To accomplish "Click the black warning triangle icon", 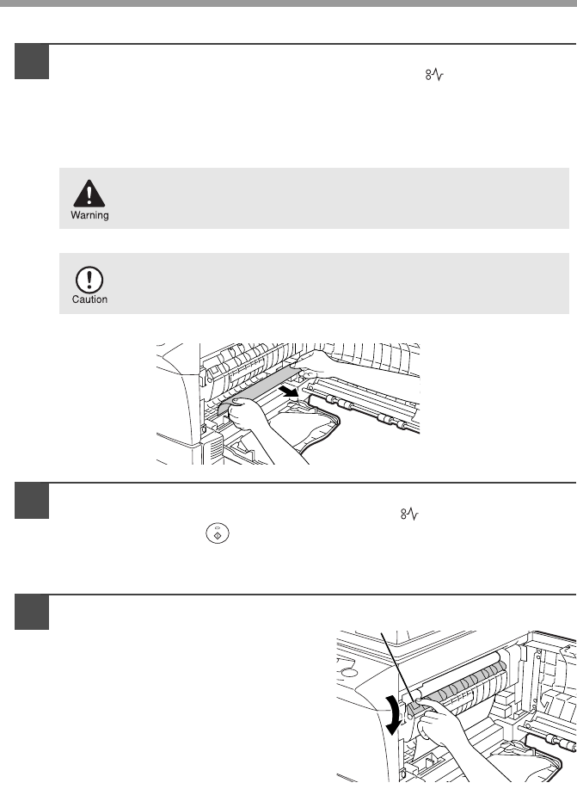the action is [89, 194].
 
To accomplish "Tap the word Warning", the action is [89, 215].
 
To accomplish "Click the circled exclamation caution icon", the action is [89, 280].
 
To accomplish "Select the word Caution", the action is [89, 299].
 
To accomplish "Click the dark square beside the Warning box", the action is [32, 62].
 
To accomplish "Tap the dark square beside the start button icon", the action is [32, 501].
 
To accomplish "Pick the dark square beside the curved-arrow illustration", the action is [32, 613].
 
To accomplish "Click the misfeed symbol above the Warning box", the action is [434, 75].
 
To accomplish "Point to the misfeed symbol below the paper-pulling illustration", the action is [409, 514].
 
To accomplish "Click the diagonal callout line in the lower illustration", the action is [399, 666].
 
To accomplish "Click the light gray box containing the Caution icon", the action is [314, 284].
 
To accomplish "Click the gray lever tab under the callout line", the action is [416, 708].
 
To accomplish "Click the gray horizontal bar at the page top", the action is [288, 3].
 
